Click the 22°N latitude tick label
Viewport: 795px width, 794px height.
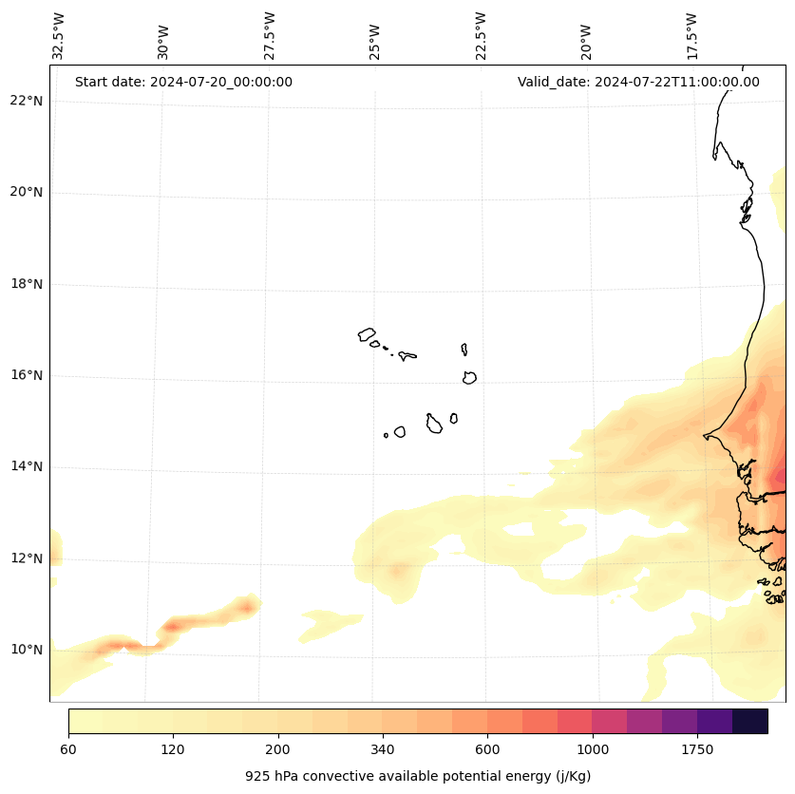(27, 101)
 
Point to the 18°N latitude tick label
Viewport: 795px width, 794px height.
(27, 284)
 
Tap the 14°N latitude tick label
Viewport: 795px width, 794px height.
(27, 466)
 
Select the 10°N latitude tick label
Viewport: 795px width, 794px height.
(27, 650)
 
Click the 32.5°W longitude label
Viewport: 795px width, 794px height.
(59, 36)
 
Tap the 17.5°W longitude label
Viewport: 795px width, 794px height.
(691, 36)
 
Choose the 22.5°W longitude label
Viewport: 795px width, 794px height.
(481, 36)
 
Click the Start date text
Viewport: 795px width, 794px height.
(183, 82)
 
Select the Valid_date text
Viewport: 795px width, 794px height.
(638, 82)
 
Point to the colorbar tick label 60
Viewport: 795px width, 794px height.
(68, 750)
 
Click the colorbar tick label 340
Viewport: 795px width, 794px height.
(383, 750)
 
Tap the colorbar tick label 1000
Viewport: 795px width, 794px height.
(593, 750)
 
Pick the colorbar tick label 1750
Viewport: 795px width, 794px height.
(697, 750)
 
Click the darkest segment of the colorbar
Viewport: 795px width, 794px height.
(749, 721)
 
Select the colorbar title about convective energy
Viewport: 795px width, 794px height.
(418, 776)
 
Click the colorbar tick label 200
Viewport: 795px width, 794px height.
(277, 750)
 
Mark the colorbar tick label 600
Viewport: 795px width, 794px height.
(487, 750)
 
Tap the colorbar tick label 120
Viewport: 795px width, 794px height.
(173, 750)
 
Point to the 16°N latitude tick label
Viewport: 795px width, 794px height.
(27, 375)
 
